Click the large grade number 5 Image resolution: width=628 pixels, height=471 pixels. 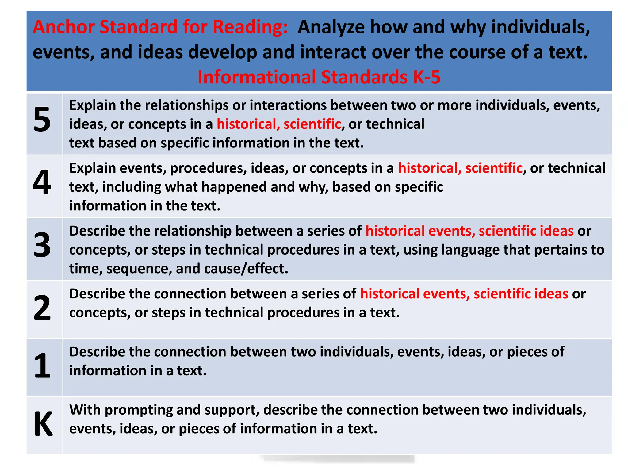(42, 120)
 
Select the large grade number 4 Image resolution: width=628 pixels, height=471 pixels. (42, 182)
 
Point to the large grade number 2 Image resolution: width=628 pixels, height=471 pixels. (42, 308)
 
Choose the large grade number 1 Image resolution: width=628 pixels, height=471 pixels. (42, 366)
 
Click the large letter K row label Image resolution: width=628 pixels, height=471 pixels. (43, 424)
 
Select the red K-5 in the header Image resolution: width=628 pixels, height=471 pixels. (427, 77)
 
